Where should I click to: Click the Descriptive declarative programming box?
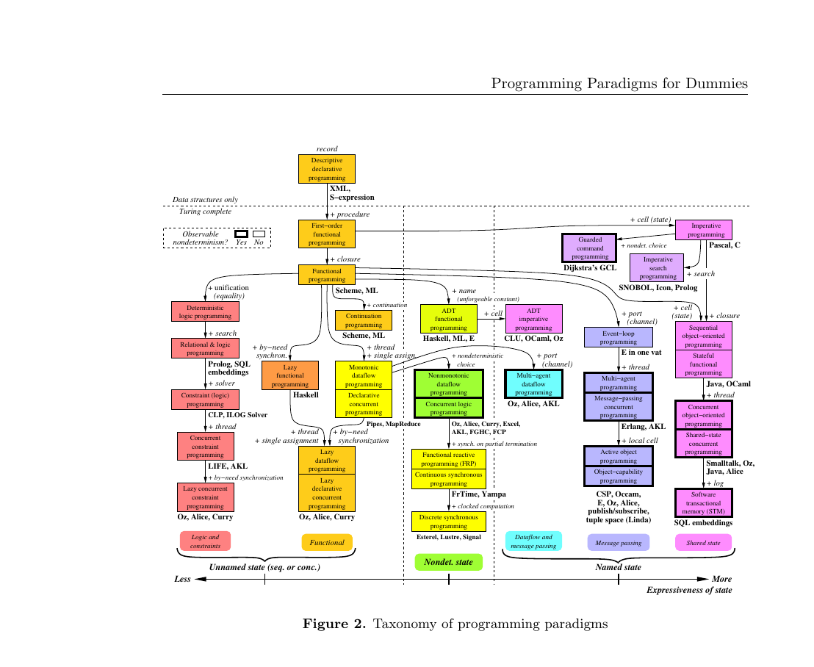coord(326,168)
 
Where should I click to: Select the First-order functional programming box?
coord(326,234)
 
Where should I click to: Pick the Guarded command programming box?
coord(589,248)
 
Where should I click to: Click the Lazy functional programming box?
coord(290,375)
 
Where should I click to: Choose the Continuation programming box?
coord(364,320)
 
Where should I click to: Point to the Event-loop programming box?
coord(618,337)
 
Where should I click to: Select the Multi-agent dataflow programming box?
coord(533,383)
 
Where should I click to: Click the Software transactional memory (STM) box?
coord(703,503)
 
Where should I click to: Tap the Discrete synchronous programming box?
coord(448,522)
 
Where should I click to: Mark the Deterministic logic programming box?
coord(205,311)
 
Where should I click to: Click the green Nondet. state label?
coord(448,562)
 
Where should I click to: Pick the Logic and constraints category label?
coord(205,541)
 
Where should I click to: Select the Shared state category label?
coord(703,543)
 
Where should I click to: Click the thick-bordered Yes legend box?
coord(241,234)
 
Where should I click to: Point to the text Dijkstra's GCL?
coord(590,269)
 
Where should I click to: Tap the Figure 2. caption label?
coord(334,624)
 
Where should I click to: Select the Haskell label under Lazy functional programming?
coord(305,395)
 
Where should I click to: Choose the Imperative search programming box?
coord(658,268)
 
